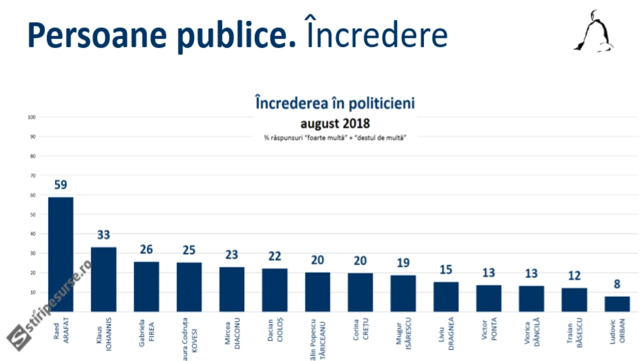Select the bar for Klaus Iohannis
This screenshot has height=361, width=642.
pyautogui.click(x=104, y=279)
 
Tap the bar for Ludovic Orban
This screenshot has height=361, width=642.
pyautogui.click(x=617, y=304)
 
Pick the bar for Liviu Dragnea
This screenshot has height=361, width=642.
pyautogui.click(x=446, y=296)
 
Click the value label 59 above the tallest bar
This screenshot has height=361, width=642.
pyautogui.click(x=61, y=185)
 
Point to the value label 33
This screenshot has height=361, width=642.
pyautogui.click(x=104, y=235)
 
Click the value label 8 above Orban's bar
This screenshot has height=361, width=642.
pyautogui.click(x=617, y=284)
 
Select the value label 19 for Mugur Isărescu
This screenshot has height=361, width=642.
pyautogui.click(x=403, y=263)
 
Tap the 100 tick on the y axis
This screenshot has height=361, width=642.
pyautogui.click(x=32, y=117)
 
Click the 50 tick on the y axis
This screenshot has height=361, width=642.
pyautogui.click(x=33, y=215)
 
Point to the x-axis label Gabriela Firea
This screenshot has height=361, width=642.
pyautogui.click(x=146, y=333)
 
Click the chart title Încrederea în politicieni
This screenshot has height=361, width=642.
pyautogui.click(x=335, y=103)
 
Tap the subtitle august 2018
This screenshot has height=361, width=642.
pyautogui.click(x=335, y=123)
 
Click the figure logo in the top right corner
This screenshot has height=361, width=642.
pyautogui.click(x=595, y=32)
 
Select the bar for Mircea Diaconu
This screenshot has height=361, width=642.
pyautogui.click(x=232, y=289)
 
